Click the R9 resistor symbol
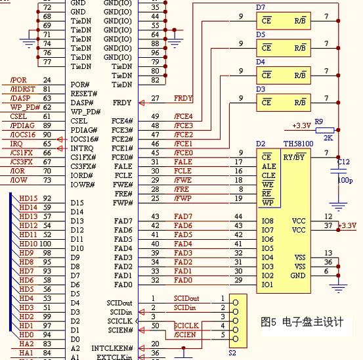(325, 130)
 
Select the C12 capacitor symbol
(338, 171)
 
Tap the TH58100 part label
(298, 144)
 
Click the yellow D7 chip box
(284, 21)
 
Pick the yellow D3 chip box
(284, 102)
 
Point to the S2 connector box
(238, 321)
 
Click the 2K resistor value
(328, 138)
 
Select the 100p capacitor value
(345, 180)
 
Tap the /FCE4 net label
(183, 116)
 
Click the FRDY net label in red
(183, 99)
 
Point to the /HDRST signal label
(22, 89)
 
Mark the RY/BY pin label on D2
(295, 157)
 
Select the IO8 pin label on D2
(267, 221)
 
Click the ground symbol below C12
(338, 207)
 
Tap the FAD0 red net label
(183, 280)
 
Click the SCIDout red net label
(186, 298)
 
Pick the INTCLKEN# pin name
(112, 348)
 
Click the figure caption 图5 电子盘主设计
(302, 322)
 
